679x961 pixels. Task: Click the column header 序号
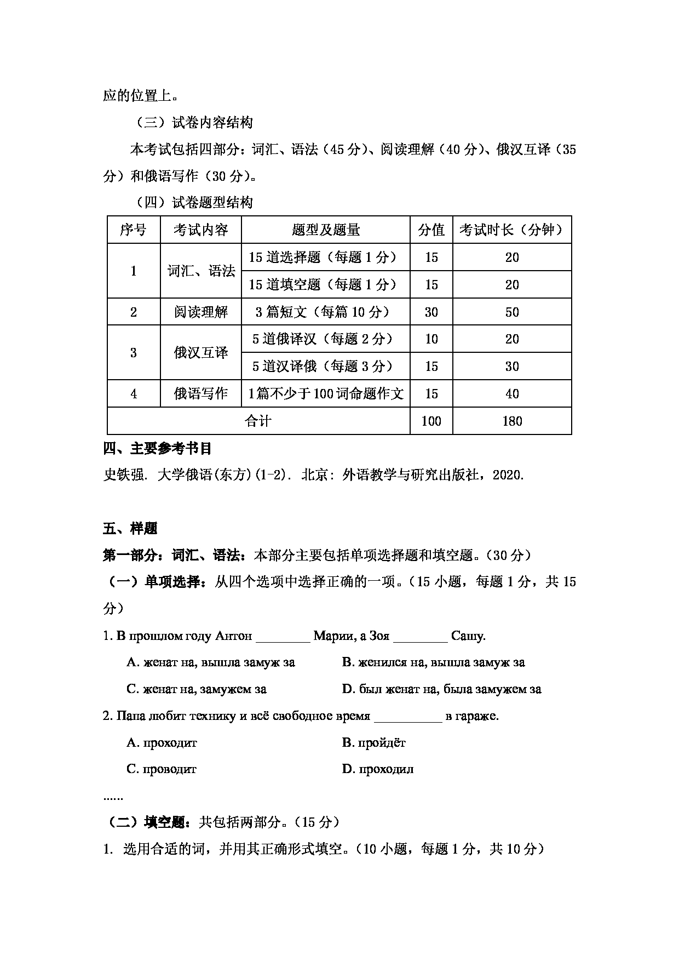coord(133,230)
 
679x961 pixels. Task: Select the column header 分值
coord(431,230)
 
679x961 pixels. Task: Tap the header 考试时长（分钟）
coord(511,230)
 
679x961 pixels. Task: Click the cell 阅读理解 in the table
coord(200,312)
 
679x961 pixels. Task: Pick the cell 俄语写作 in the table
coord(200,393)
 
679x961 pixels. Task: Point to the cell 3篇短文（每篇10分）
coord(325,312)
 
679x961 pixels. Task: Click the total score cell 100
coord(431,421)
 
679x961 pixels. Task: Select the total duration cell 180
coord(511,421)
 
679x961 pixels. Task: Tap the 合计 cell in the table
coord(258,421)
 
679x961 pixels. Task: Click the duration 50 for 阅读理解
coord(511,312)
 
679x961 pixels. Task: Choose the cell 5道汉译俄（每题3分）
coord(325,366)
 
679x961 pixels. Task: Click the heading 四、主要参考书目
coord(157,449)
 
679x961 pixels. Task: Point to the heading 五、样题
coord(130,529)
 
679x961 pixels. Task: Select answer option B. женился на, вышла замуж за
coord(433,662)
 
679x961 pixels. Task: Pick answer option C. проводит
coord(162,769)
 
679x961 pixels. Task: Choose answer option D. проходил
coord(378,769)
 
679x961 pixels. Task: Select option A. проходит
coord(162,743)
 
